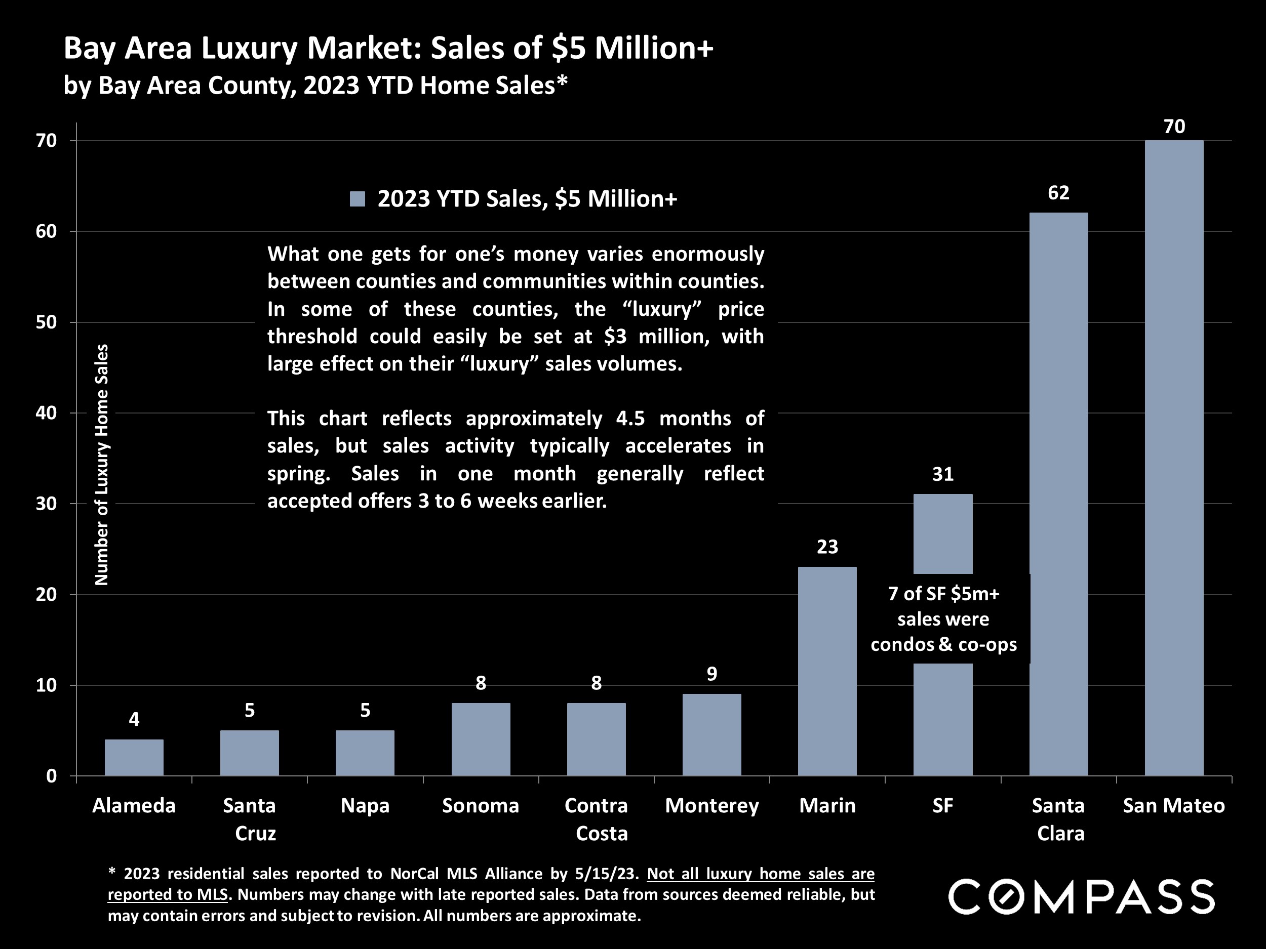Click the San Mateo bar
(x=1174, y=458)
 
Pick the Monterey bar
(x=711, y=734)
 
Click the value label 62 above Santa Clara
(x=1058, y=193)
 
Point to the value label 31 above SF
(x=942, y=474)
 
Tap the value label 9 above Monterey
(x=711, y=674)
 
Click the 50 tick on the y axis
(x=47, y=322)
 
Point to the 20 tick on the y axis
(x=47, y=594)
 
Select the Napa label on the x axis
(x=365, y=805)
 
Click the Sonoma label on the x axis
(x=480, y=805)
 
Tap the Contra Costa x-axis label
(x=597, y=819)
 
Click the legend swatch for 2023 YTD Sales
(x=358, y=199)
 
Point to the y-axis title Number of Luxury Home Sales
(x=101, y=465)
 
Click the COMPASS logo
(x=1081, y=897)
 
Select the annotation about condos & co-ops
(x=943, y=619)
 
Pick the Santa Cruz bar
(x=250, y=753)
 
